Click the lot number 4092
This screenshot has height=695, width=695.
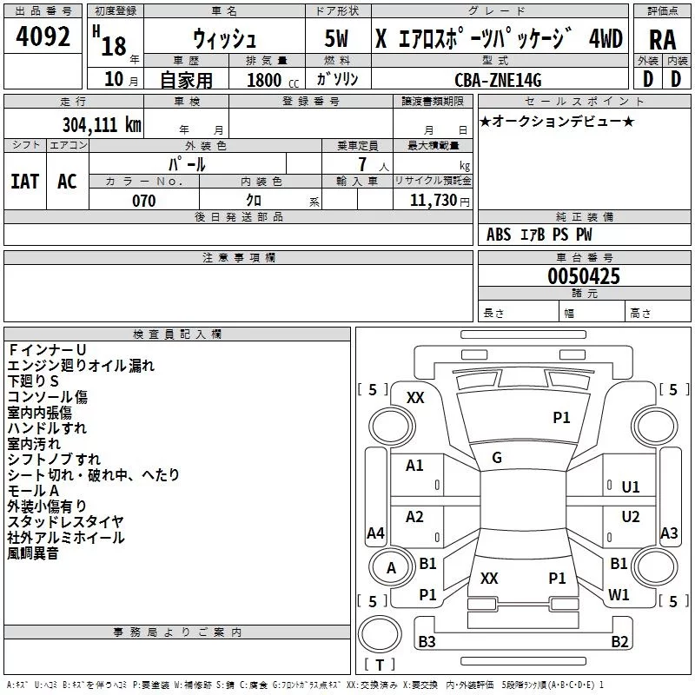point(43,38)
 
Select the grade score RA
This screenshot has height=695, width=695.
point(662,39)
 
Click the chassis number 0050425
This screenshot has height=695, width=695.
point(584,276)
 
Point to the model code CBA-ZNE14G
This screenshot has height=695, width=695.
point(498,80)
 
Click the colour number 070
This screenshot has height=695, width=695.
point(143,201)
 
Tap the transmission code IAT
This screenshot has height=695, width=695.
point(24,182)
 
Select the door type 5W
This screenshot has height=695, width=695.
point(336,39)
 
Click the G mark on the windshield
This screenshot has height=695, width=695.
point(497,458)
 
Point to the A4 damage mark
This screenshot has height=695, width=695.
point(375,533)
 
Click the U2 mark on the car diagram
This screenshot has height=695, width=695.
point(631,517)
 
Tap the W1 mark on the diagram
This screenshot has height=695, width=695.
point(619,594)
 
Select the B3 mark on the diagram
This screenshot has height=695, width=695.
point(427,642)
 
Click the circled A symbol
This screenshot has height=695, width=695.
point(391,568)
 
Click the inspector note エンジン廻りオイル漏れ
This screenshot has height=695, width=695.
point(81,366)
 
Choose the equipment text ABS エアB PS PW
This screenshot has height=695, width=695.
point(539,235)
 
